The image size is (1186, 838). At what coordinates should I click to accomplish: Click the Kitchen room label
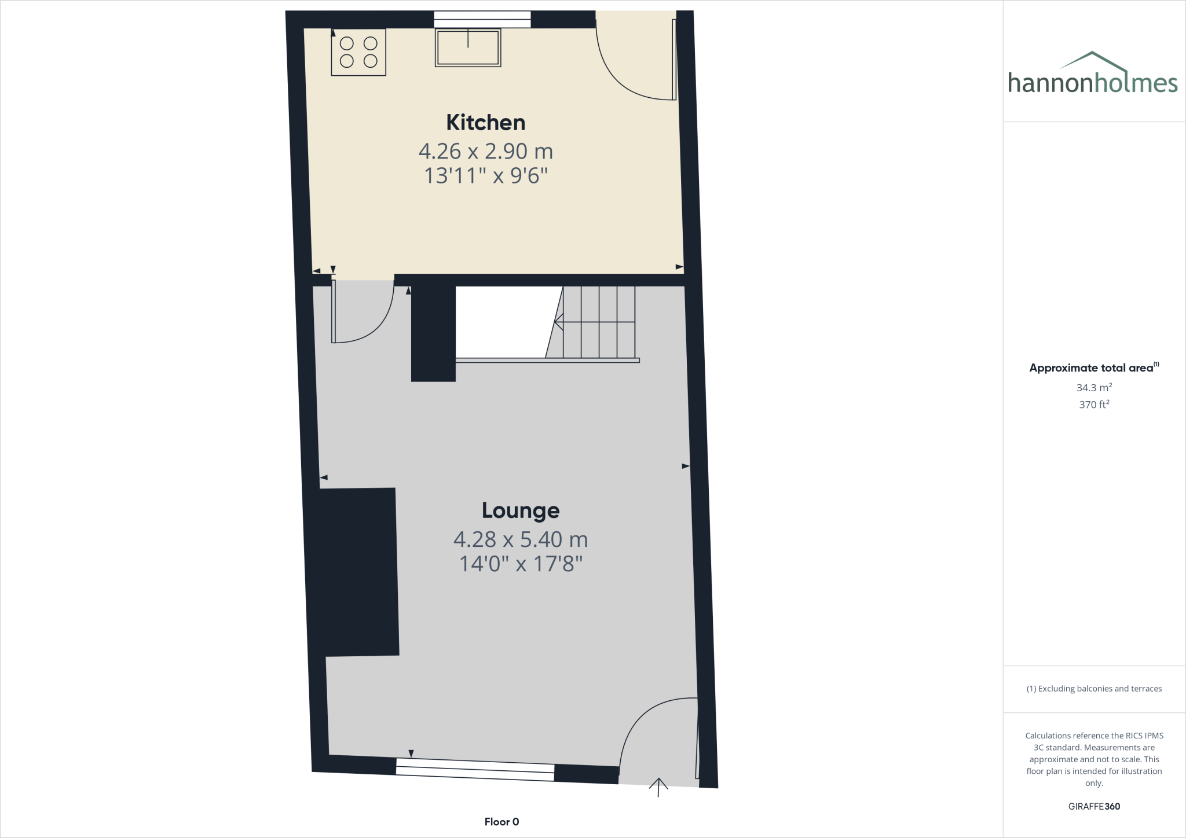click(x=485, y=123)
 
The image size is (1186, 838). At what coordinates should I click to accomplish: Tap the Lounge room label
click(x=521, y=510)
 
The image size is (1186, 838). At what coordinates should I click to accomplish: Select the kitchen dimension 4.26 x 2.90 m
click(x=485, y=152)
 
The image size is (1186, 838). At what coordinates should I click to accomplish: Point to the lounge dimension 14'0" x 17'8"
click(x=521, y=564)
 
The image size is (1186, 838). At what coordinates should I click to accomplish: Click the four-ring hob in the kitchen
click(x=358, y=52)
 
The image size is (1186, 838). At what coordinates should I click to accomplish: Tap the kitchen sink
click(x=468, y=48)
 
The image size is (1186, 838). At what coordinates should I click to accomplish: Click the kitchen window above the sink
click(x=482, y=20)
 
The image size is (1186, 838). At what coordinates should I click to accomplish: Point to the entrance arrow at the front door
click(x=658, y=786)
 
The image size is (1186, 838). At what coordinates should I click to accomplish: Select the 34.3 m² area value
click(x=1093, y=388)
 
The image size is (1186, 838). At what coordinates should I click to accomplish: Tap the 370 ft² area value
click(x=1093, y=405)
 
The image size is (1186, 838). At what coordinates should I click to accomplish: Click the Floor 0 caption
click(x=502, y=822)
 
